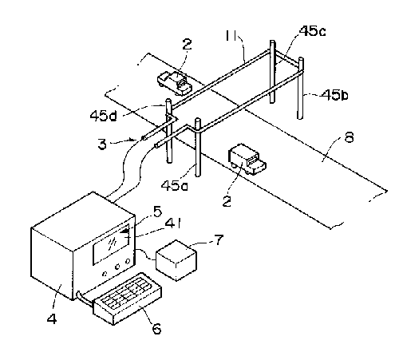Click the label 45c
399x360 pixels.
[312, 31]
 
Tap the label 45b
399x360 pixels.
[334, 95]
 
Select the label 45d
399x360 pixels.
[103, 116]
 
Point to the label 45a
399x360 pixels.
[175, 185]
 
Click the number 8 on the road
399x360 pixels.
[349, 137]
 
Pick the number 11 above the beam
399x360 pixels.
[231, 35]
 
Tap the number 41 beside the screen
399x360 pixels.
[173, 224]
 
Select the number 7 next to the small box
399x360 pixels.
[219, 239]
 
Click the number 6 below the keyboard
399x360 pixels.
[156, 328]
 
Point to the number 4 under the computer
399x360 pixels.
[52, 318]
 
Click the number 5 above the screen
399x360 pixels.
[157, 212]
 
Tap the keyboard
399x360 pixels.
[128, 299]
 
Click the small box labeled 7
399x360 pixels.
[176, 260]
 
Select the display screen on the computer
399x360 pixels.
[111, 245]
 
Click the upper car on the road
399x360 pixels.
[175, 83]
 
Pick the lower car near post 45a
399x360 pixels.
[247, 160]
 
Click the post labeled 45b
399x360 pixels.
[301, 89]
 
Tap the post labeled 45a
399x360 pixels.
[197, 148]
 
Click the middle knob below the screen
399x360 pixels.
[117, 267]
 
